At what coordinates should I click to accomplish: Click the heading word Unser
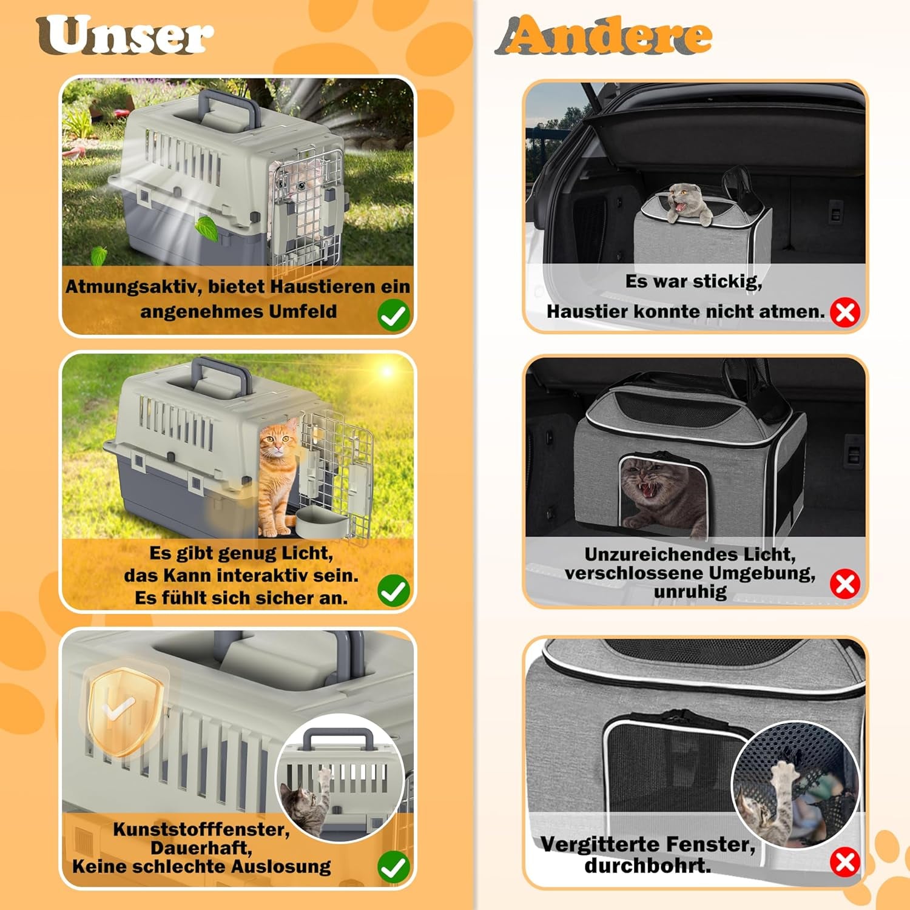coord(124,36)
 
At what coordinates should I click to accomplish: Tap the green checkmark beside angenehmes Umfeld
coord(393,315)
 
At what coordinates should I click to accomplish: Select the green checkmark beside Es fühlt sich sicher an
coord(393,591)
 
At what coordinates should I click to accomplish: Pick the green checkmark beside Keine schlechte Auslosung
coord(393,867)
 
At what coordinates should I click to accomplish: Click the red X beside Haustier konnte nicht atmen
coord(845,312)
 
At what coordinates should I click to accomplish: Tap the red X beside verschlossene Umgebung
coord(845,584)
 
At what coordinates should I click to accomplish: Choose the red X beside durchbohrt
coord(845,862)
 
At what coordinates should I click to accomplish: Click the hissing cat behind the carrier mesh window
coord(658,491)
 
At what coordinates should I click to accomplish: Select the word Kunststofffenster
coord(201,829)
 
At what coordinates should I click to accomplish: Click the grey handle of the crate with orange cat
coord(221,372)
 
